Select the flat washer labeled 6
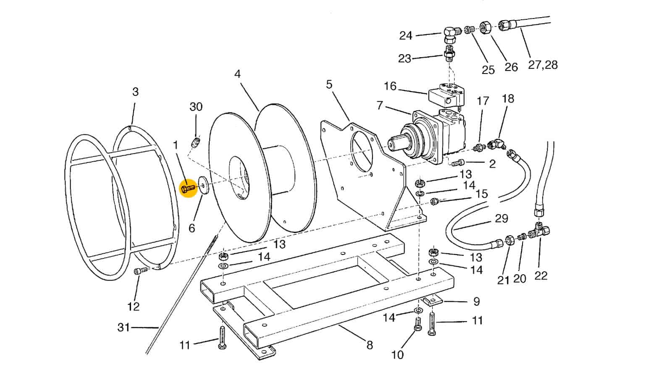(x=204, y=186)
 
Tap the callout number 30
(x=196, y=107)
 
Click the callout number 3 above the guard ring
(x=135, y=92)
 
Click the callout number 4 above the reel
(x=238, y=74)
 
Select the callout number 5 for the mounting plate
(x=329, y=84)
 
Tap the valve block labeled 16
(x=446, y=95)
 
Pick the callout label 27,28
(x=543, y=65)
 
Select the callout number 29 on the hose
(x=501, y=218)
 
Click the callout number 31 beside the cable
(x=123, y=327)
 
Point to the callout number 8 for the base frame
(x=370, y=345)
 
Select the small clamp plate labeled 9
(x=433, y=300)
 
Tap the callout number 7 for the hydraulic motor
(x=380, y=105)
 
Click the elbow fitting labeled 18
(x=496, y=144)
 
